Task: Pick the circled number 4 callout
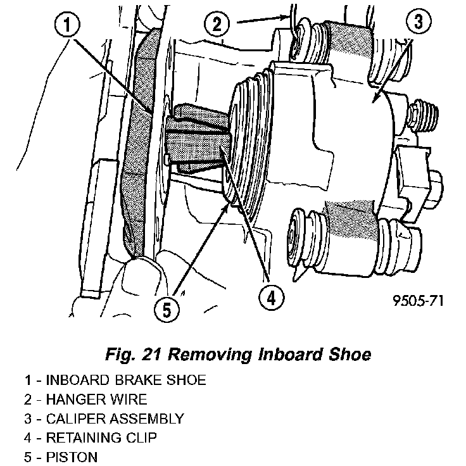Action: point(270,297)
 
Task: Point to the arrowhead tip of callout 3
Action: point(374,101)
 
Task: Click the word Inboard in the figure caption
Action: point(288,355)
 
